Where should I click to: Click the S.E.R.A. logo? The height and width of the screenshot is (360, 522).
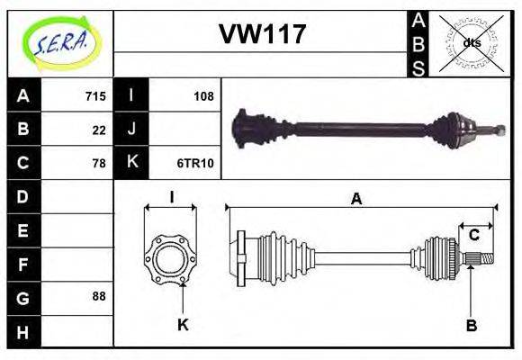tap(59, 42)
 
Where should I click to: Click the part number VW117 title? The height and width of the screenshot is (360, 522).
tap(263, 34)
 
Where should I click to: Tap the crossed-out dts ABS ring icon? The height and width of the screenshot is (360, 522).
tap(471, 42)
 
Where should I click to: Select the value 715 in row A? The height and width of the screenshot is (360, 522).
tap(95, 96)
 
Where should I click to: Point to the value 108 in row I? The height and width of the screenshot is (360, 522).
tap(203, 96)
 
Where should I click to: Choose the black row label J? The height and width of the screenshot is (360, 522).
tap(131, 130)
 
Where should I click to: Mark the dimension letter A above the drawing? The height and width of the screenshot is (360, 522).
tap(356, 199)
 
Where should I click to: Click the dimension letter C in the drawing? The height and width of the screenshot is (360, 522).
tap(473, 236)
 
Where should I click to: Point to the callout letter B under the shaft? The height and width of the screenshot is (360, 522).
tap(471, 326)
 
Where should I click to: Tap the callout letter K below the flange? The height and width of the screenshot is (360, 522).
tap(183, 325)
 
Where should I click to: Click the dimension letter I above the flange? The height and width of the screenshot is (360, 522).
tap(170, 196)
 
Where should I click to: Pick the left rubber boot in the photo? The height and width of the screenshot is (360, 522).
tap(256, 129)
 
